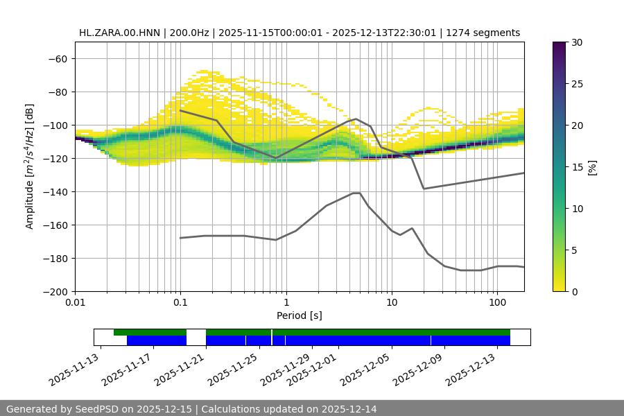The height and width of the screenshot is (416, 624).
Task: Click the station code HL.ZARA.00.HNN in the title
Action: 119,33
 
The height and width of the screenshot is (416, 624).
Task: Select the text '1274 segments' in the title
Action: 485,33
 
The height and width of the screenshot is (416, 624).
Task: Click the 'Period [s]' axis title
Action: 300,315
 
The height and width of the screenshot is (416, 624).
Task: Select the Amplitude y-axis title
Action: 29,166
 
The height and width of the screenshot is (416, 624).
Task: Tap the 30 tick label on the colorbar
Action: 576,42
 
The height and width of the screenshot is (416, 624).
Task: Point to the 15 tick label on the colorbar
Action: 576,167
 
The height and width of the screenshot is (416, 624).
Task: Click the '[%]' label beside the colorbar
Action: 592,167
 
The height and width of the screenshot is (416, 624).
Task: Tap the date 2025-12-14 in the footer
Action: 349,409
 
